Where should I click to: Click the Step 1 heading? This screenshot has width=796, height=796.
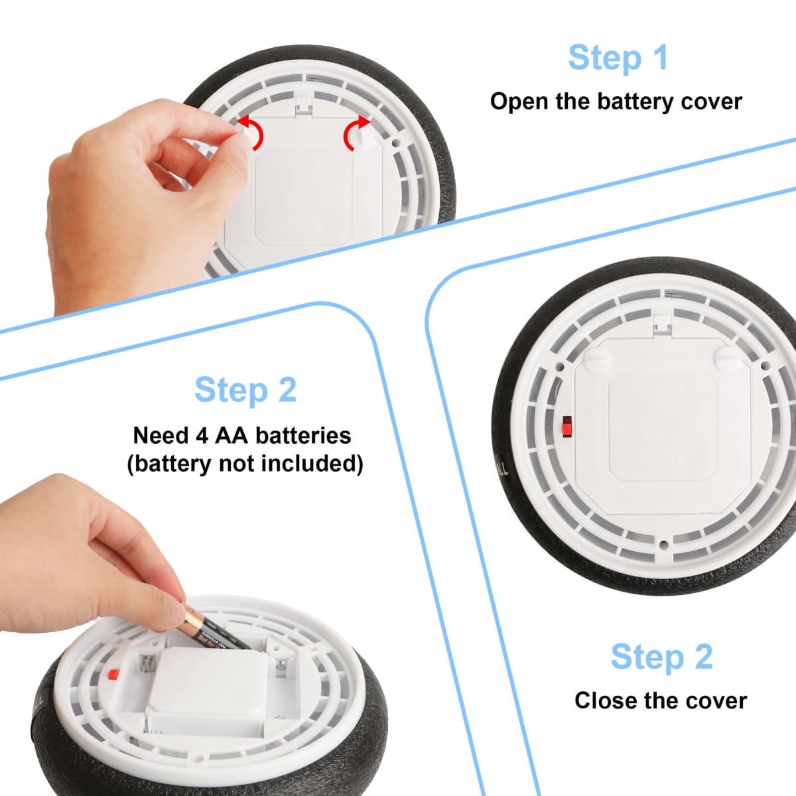pos(618,58)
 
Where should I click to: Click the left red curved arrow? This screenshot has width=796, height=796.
pos(252,132)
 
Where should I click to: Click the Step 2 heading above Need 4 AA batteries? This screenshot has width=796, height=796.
pos(245,389)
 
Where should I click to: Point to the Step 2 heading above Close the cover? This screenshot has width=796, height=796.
pos(661,657)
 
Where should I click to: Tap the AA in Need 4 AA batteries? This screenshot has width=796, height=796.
pos(232,435)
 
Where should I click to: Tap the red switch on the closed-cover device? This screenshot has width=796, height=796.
pos(566,427)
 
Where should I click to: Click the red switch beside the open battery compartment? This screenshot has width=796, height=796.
pos(113,674)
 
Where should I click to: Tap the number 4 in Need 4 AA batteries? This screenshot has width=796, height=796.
pos(202,436)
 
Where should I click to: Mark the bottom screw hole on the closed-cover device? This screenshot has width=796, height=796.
pos(664,545)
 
